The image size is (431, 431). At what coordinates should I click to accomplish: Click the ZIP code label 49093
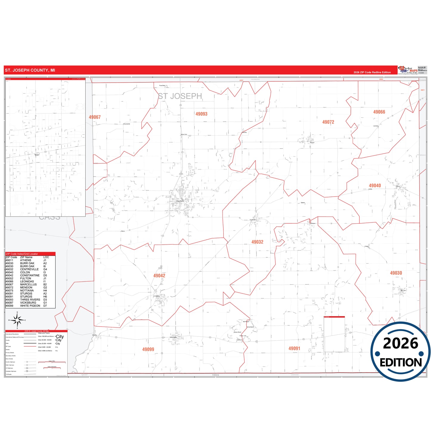coord(201,114)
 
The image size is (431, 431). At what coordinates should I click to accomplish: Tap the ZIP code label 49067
coord(95,117)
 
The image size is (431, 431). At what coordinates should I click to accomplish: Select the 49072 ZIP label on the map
coord(328,122)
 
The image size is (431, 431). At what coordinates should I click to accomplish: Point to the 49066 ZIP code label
coord(379,112)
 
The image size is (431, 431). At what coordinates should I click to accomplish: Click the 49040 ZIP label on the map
coord(375,186)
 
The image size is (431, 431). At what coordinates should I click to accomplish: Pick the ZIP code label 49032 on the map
coord(257,242)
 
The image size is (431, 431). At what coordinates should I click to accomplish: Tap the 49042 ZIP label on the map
coord(159,276)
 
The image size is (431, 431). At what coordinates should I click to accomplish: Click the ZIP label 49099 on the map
coord(148,349)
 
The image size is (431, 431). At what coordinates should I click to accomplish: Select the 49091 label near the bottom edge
coord(294,348)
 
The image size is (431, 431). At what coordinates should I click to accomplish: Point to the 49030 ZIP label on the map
coord(396,273)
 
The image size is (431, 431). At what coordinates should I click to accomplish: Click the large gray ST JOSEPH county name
coord(180,96)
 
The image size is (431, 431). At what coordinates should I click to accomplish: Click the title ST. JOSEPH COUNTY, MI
coord(30,70)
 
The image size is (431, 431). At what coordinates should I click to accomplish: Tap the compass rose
coord(17,320)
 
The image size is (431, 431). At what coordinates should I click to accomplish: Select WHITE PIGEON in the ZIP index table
coord(30,306)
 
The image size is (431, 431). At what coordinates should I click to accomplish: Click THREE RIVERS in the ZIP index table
coord(30,300)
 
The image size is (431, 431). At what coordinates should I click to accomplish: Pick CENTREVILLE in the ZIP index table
coord(29,269)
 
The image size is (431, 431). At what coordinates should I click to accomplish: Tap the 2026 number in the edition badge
coord(400,343)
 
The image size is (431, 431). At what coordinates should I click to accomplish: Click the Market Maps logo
coord(408,70)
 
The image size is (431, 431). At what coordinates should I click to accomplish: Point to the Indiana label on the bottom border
coord(215,375)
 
